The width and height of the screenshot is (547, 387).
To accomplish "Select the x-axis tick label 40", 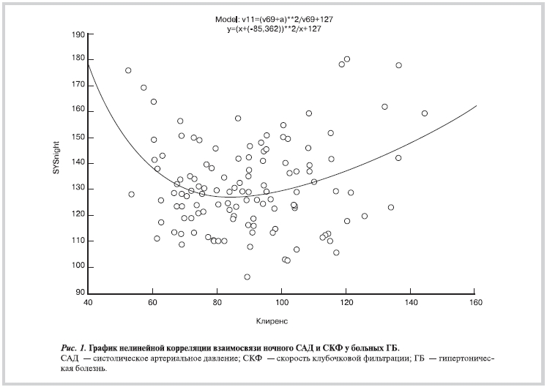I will (x=88, y=303).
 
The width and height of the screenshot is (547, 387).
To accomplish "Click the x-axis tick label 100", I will (x=281, y=303).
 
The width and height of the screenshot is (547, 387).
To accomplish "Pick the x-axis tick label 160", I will (x=475, y=303).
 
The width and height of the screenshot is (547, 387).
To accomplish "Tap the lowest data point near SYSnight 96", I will (x=248, y=277).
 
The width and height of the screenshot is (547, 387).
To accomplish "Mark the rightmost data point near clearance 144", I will (x=425, y=113).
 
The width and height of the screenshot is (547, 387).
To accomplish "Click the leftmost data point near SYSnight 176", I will (x=128, y=70).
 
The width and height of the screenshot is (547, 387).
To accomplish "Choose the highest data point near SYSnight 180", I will (x=347, y=59).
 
